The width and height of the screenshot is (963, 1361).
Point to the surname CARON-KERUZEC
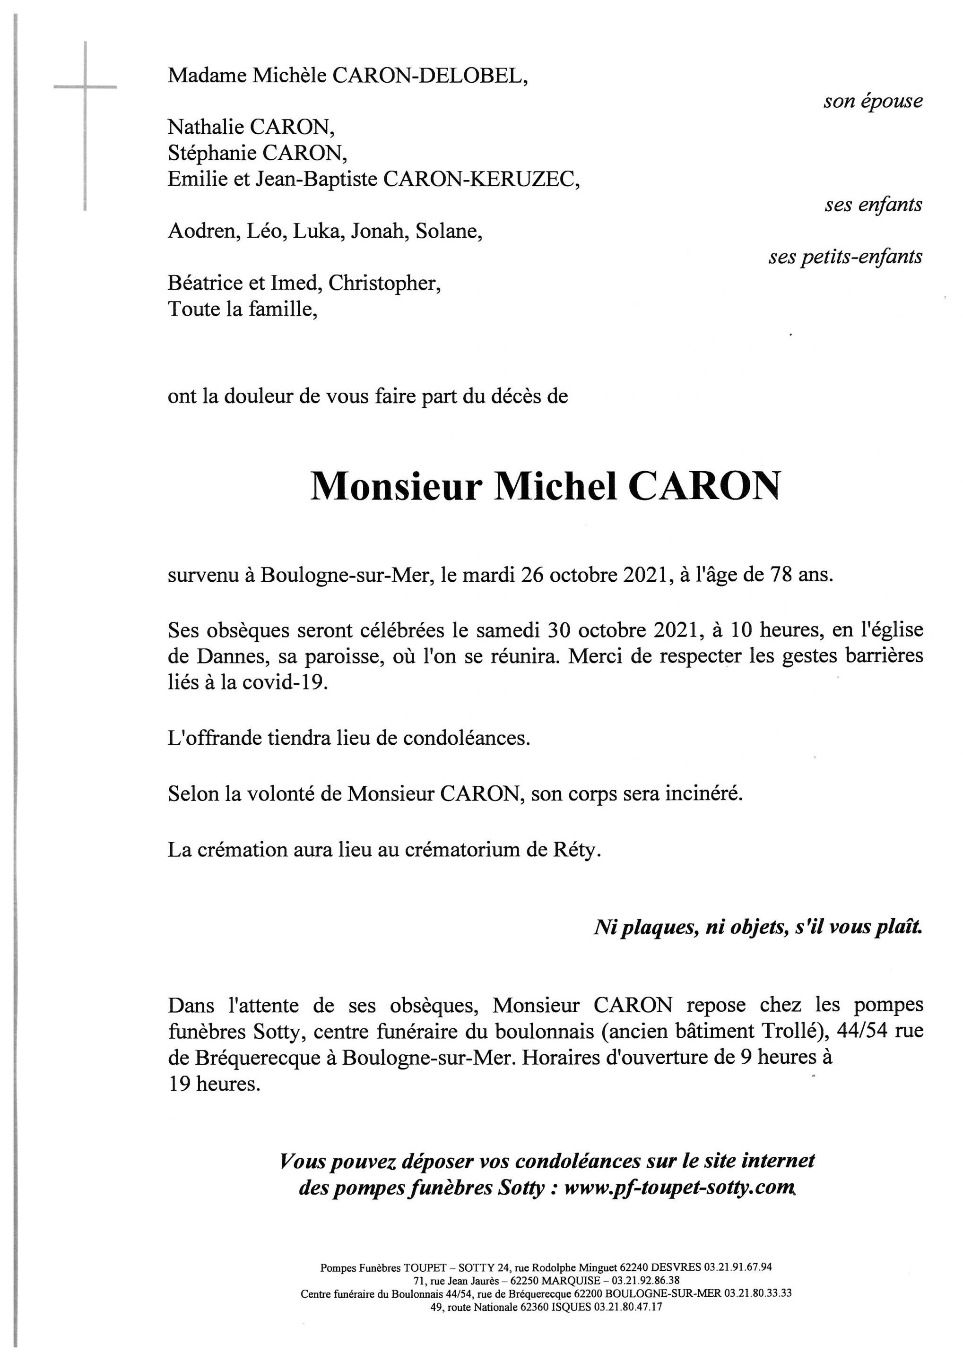481,179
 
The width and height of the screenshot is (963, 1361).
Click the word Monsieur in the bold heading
396,487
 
